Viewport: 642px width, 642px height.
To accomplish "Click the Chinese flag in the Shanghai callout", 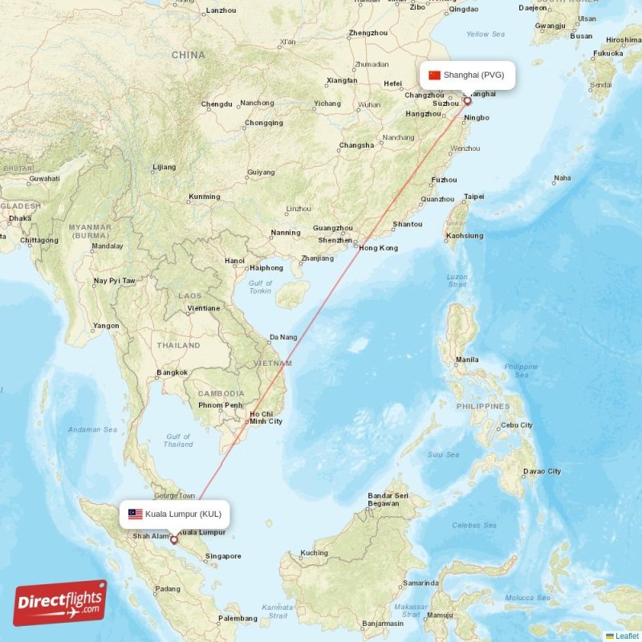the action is tap(435, 75).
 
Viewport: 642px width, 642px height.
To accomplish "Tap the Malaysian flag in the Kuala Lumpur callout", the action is tap(135, 514).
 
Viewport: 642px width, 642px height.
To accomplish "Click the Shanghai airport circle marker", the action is tap(467, 102).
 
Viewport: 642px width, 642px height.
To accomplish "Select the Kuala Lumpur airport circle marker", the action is tap(173, 540).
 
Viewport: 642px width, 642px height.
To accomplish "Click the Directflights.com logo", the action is tap(60, 602).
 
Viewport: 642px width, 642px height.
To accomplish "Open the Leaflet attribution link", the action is tap(627, 636).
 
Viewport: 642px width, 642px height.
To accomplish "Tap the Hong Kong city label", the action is tap(378, 248).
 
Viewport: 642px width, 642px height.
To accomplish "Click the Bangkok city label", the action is tap(173, 372).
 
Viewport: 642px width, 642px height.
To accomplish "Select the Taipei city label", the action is tap(474, 197).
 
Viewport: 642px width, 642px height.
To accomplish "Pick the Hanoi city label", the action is tap(235, 261).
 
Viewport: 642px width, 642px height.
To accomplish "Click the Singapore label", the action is tap(223, 556).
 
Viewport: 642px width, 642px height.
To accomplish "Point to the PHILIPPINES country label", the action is tap(483, 406).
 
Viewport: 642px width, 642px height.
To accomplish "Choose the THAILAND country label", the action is tap(179, 345).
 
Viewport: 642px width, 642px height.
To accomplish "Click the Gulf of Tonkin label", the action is tap(260, 287).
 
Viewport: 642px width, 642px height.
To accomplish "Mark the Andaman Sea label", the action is tap(93, 429).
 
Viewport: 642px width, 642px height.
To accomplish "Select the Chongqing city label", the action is tap(264, 123).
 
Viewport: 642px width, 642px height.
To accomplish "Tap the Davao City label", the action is tap(542, 471).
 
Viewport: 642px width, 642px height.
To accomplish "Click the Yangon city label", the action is tap(106, 326).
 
